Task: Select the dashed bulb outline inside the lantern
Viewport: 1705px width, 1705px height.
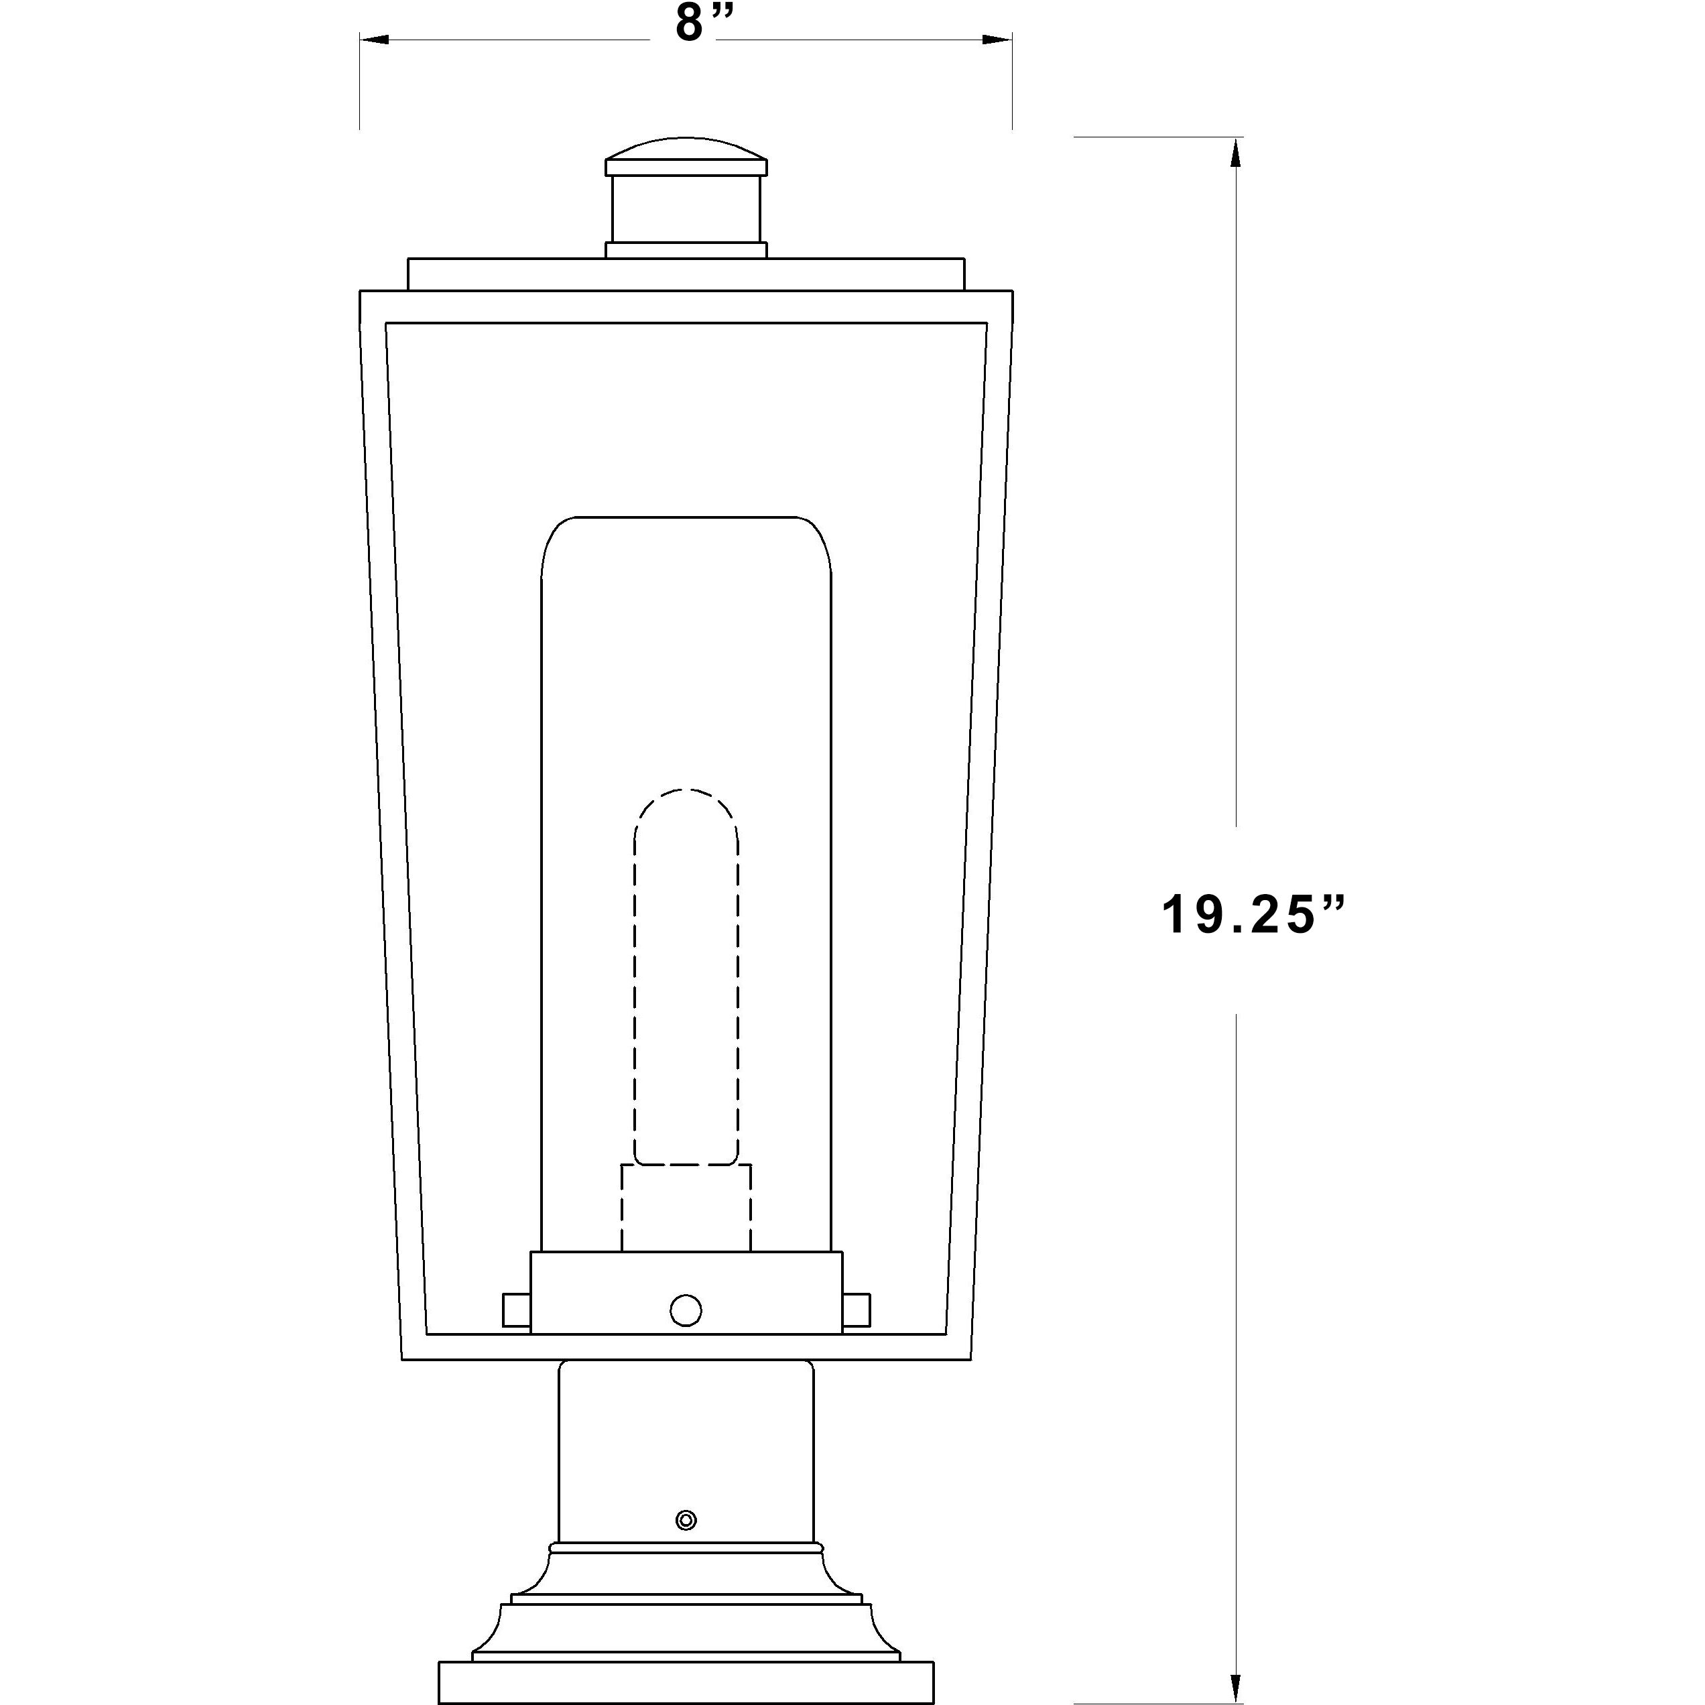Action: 686,970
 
